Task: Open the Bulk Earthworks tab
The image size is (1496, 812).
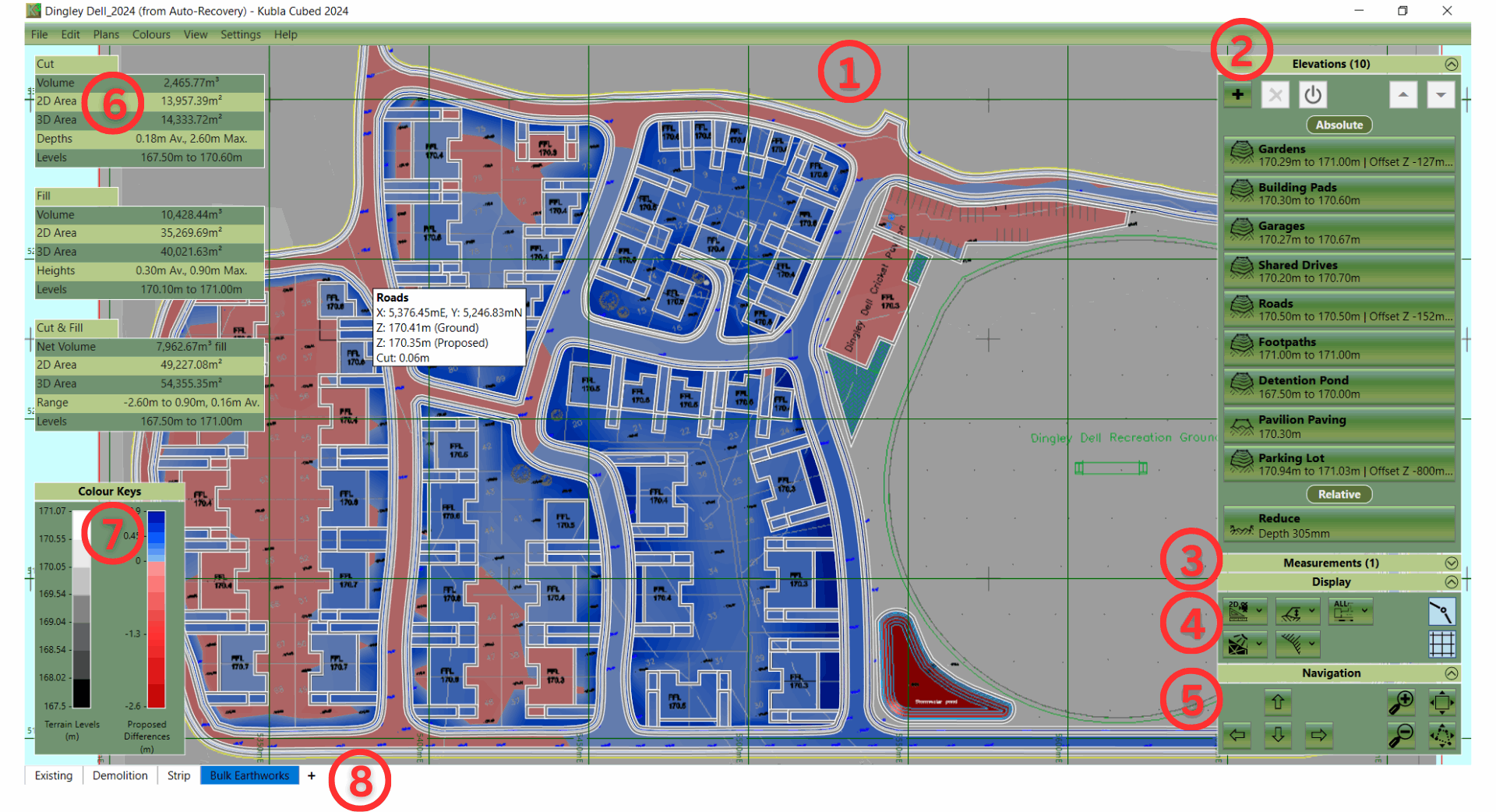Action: click(249, 775)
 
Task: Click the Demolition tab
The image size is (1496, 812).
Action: click(120, 775)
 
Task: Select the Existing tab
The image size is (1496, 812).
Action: click(53, 775)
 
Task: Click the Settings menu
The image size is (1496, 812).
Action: click(240, 34)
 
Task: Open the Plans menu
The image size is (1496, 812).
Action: click(106, 34)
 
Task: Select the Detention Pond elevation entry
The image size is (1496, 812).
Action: click(1339, 387)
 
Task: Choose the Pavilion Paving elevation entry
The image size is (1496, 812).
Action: click(1339, 425)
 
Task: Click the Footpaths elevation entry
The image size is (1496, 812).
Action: click(1339, 348)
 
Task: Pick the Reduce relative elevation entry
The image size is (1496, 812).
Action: click(1339, 525)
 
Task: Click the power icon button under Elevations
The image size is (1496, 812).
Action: click(1313, 95)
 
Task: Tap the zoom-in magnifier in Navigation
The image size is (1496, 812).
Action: click(1401, 702)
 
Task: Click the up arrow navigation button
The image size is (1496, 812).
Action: click(1278, 702)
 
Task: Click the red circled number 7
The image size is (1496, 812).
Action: click(112, 533)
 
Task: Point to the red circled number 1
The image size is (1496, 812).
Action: click(849, 72)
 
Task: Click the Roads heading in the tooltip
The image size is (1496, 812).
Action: click(392, 298)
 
